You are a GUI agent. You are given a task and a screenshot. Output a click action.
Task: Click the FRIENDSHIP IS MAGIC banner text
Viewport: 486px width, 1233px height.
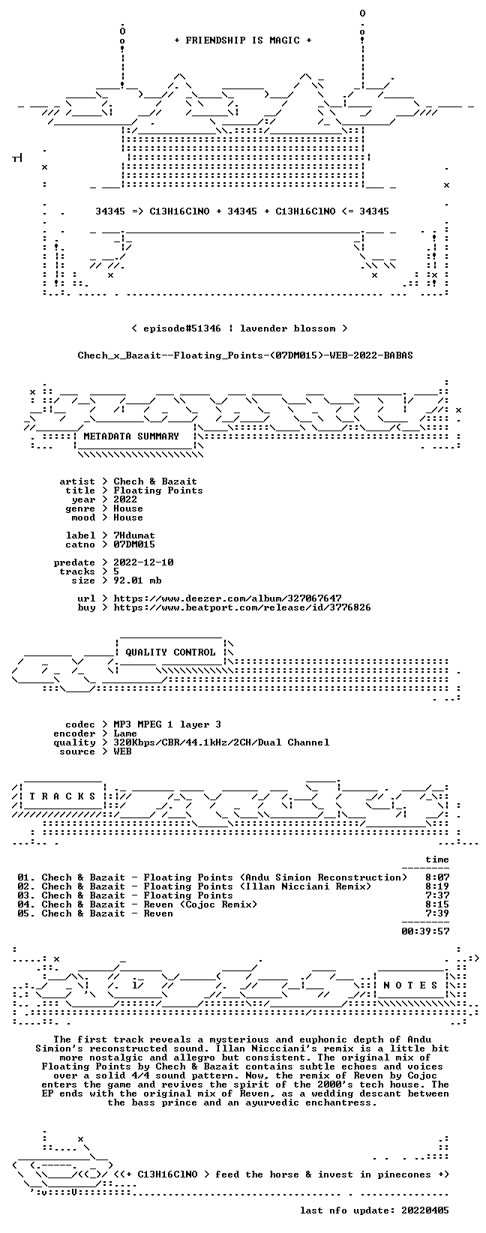[243, 40]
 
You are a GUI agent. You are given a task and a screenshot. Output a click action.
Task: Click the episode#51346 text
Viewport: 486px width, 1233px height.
[181, 328]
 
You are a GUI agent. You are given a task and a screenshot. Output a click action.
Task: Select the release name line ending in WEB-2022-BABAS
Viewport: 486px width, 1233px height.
[245, 355]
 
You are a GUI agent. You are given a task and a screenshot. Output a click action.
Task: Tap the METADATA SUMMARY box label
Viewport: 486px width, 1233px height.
[131, 436]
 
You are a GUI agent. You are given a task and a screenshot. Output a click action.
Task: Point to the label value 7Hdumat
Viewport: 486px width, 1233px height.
[134, 535]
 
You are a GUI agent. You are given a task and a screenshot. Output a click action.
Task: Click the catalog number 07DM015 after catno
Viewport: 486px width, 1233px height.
[134, 544]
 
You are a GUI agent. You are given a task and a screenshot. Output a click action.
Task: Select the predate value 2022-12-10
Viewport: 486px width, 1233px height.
[144, 562]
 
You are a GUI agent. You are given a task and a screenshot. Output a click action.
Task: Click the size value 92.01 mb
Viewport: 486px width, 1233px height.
[137, 580]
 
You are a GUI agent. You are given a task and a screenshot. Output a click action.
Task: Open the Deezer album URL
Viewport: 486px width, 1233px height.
[227, 598]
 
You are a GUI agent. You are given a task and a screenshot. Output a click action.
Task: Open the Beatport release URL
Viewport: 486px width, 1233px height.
[242, 607]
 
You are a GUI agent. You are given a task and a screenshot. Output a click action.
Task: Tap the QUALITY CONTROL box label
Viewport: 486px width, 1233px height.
[170, 652]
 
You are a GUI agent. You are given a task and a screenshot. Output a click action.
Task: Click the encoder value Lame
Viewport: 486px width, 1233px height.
[125, 733]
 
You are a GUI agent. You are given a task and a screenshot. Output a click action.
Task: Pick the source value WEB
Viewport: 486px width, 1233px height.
[123, 751]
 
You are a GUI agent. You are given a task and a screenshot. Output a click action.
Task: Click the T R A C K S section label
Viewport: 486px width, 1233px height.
[63, 796]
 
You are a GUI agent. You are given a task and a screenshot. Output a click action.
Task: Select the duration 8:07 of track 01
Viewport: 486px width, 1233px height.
[437, 877]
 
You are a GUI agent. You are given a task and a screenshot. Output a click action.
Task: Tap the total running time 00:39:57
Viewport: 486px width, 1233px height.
[425, 931]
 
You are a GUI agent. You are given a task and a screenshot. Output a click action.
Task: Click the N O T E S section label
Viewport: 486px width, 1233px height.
[410, 985]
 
